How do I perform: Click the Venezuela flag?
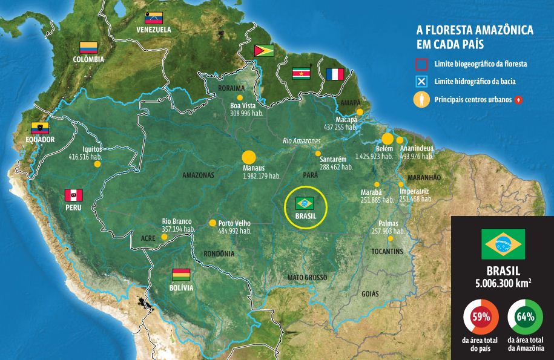coord(154,17)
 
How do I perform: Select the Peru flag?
coord(73,195)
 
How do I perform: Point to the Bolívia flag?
coord(181,274)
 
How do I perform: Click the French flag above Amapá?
coord(335,74)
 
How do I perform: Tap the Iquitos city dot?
coord(97,163)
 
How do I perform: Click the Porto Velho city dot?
coord(213,223)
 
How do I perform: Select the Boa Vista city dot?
coord(240,97)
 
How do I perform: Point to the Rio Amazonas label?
coord(301,141)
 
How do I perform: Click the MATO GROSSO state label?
coord(307,277)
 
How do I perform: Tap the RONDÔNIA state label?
coord(219,254)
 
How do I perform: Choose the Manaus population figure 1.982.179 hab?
coord(262,176)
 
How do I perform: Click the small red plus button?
coord(518,99)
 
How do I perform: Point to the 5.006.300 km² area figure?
coord(502,281)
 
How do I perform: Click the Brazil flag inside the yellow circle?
coord(305,203)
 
